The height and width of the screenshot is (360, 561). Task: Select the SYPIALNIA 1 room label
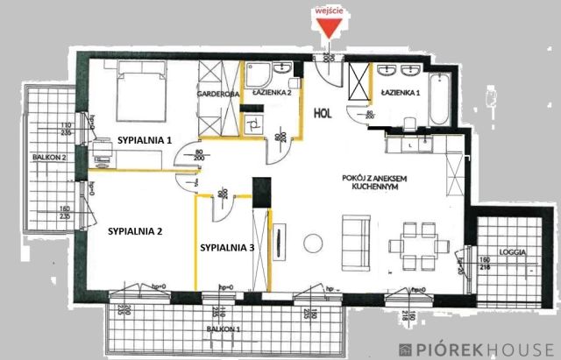click(x=145, y=139)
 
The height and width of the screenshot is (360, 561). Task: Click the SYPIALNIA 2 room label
click(x=136, y=232)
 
